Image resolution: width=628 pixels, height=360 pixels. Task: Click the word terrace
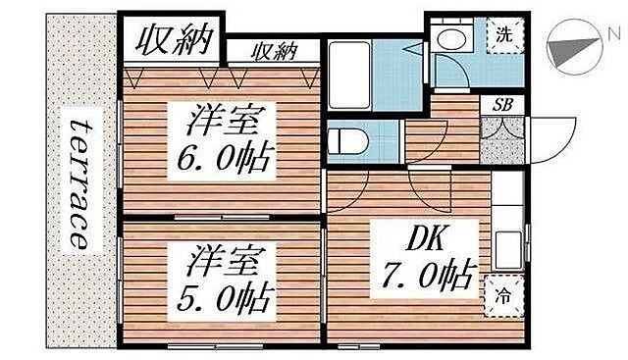click(79, 181)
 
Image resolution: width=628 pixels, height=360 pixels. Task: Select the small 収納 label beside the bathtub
click(274, 51)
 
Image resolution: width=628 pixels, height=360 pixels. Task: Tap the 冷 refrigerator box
click(501, 294)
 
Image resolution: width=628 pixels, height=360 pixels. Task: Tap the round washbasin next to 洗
click(453, 40)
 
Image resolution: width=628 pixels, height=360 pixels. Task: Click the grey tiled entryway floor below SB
click(500, 143)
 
